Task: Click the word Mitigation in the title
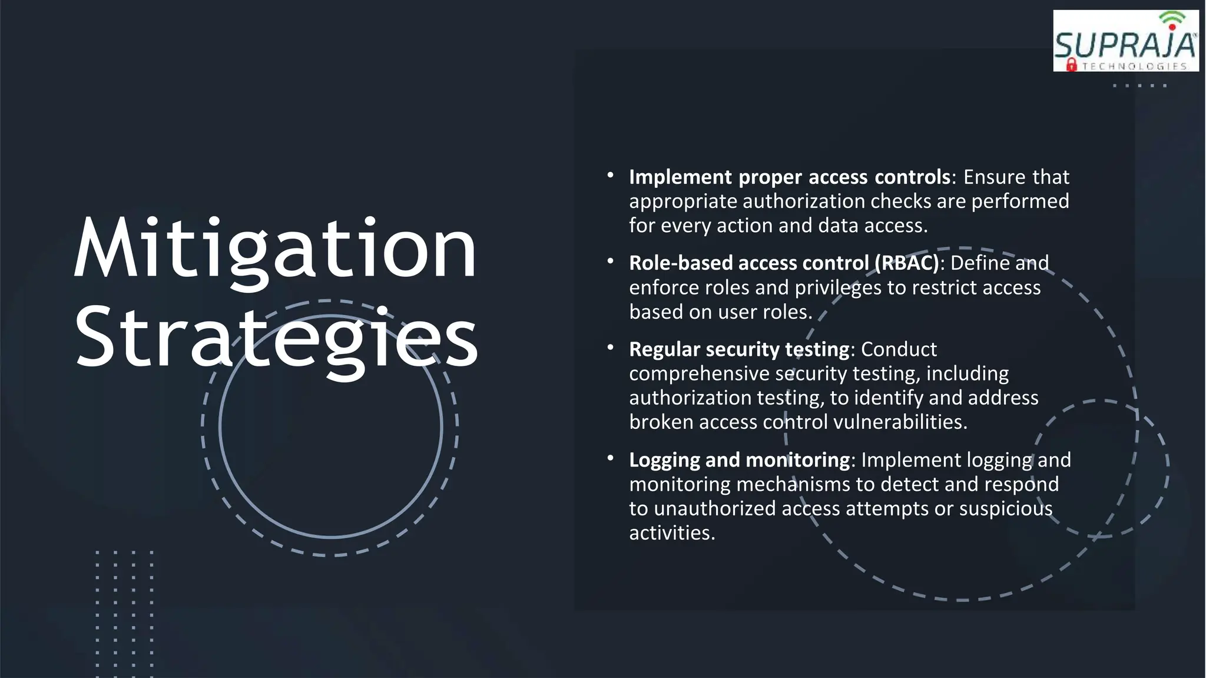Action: click(275, 249)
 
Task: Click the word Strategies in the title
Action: click(276, 339)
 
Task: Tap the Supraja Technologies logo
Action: click(1125, 41)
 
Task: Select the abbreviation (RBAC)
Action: click(907, 263)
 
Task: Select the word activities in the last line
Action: click(672, 533)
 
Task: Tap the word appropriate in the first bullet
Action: click(683, 201)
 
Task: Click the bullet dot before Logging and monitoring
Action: click(611, 458)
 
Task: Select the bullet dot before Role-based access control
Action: click(611, 261)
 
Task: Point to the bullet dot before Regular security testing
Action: click(611, 348)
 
